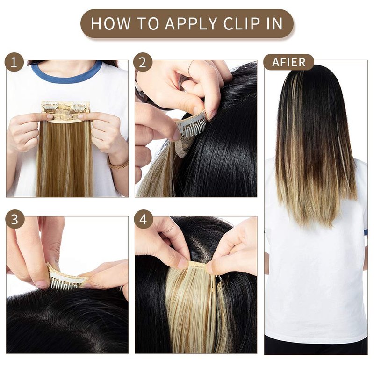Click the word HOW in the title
(x=111, y=24)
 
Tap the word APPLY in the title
(x=191, y=24)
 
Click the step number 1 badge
(x=14, y=62)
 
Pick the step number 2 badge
(x=143, y=62)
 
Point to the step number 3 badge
(x=14, y=219)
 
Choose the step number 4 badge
(x=143, y=219)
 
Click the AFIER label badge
(x=288, y=62)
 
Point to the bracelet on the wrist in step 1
(x=118, y=165)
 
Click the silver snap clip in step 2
(x=192, y=126)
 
